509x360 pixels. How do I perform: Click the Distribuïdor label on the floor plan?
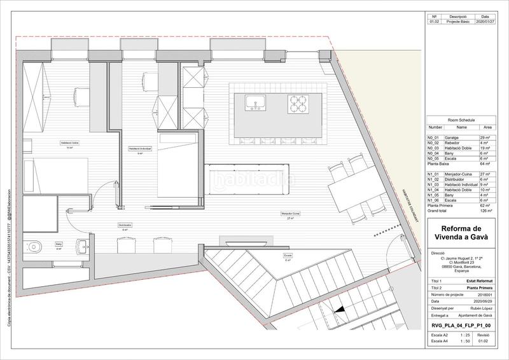pos(125,225)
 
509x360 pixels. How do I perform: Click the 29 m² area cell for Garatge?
pos(485,137)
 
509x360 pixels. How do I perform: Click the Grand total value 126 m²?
pos(485,211)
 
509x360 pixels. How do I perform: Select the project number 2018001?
pos(485,294)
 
